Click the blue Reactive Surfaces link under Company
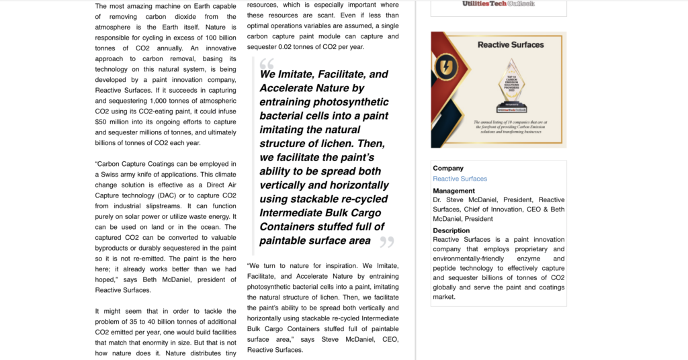tap(460, 179)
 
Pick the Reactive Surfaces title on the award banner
tap(511, 45)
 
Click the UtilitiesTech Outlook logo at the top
tap(498, 4)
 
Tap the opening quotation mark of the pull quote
tap(267, 64)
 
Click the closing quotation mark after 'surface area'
tap(386, 242)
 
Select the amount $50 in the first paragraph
tap(101, 122)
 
